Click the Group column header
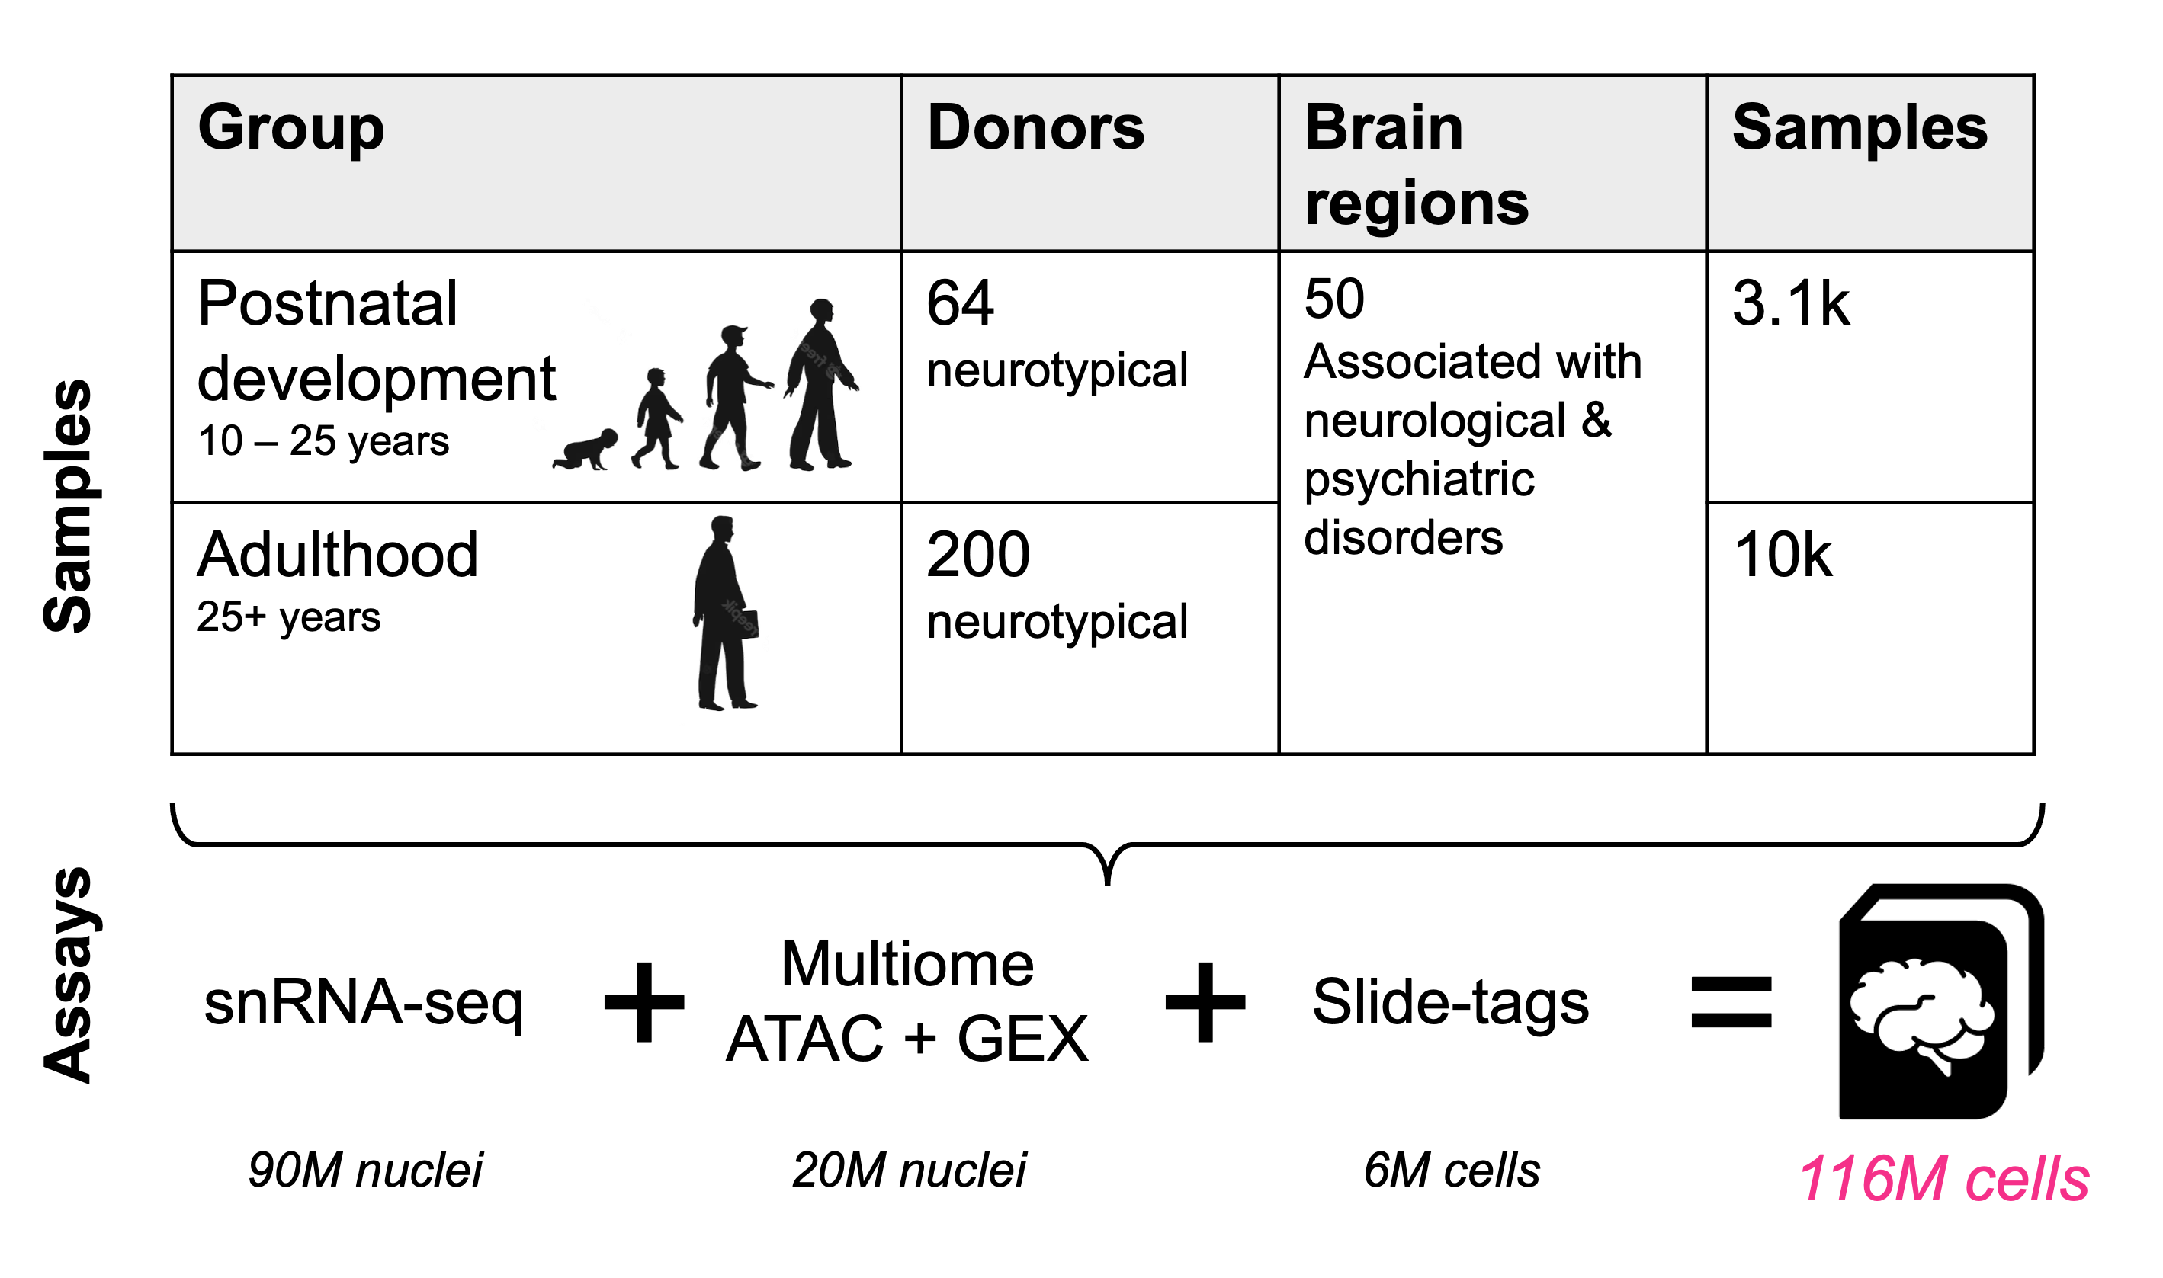[290, 127]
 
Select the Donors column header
[1035, 127]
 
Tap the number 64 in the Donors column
[960, 303]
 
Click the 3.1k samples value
[1790, 303]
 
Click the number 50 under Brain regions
[1333, 299]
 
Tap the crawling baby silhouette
[586, 450]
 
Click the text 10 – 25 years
[323, 441]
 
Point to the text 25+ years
[288, 617]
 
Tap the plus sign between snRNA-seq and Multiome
[644, 1002]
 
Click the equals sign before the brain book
[1731, 1002]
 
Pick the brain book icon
[1938, 1002]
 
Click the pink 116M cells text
[1943, 1178]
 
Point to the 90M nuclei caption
[365, 1171]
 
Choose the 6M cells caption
[1452, 1171]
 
